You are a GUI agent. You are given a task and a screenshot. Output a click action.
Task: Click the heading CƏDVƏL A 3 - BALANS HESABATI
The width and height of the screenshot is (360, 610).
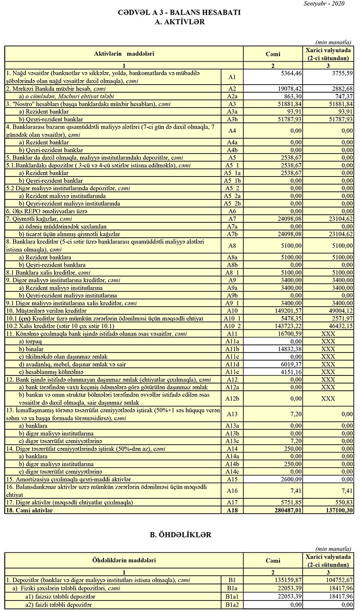coord(180,13)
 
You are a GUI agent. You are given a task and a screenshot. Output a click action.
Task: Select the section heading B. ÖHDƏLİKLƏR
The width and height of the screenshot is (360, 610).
coord(180,535)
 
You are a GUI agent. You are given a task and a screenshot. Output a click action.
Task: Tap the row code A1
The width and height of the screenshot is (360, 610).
coord(232,77)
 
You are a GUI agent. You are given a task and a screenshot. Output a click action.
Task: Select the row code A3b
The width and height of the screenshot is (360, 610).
coord(232,119)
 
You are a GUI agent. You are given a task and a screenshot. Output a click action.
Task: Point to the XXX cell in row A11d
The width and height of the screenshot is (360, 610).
coord(328,364)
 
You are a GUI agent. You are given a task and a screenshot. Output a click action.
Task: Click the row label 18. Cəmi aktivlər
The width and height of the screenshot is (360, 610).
coord(29,511)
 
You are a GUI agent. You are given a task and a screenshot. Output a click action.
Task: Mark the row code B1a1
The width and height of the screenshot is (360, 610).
coord(232,596)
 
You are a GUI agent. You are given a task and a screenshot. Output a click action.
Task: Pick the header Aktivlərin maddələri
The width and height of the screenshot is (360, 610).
coord(124,54)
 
